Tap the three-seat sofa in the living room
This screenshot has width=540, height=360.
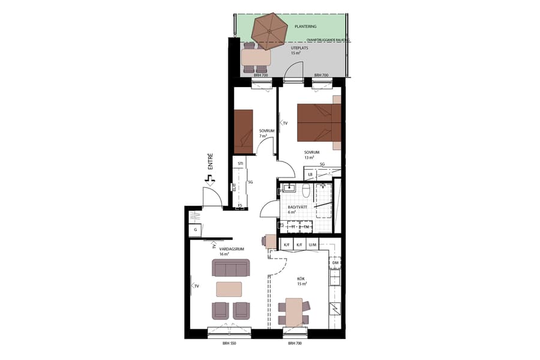point(231,268)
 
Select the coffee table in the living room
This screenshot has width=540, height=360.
point(229,289)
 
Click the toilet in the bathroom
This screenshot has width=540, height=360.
point(306,191)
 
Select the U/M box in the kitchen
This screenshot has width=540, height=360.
point(313,245)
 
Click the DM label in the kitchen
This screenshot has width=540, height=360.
point(335,264)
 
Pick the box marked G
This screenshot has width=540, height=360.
point(195,230)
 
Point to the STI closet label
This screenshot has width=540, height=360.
point(240,163)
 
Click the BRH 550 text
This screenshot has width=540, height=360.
point(229,343)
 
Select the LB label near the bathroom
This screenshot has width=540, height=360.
point(310,175)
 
